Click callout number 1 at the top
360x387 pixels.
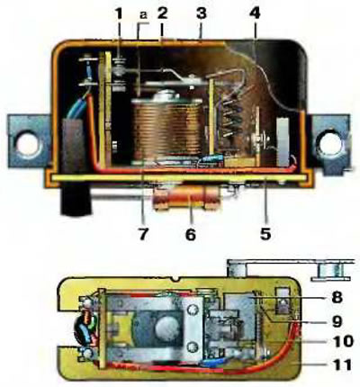tap(120, 14)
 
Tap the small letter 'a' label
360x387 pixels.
tap(144, 15)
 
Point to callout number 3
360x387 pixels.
tap(202, 14)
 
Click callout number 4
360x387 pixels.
tap(255, 14)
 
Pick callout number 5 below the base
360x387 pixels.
tap(265, 233)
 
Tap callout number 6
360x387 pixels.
tap(190, 234)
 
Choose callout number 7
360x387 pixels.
tap(143, 233)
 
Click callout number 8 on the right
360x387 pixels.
tap(337, 297)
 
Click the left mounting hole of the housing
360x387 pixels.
tap(28, 144)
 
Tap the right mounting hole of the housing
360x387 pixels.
tap(331, 143)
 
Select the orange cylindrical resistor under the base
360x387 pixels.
tap(187, 198)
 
